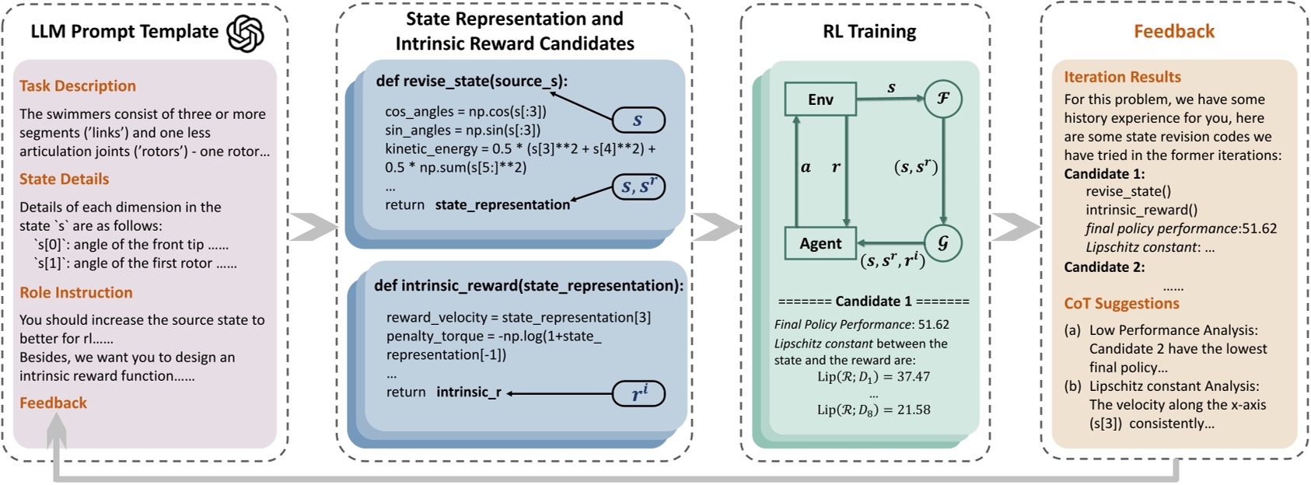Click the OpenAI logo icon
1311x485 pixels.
245,33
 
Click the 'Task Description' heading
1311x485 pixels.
78,86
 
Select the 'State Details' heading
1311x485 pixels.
65,180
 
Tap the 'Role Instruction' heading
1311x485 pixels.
76,293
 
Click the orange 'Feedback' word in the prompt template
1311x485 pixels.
53,403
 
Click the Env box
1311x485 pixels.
820,99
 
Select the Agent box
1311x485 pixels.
820,243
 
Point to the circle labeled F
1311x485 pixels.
942,99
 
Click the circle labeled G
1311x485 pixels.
942,242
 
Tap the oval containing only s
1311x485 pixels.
638,120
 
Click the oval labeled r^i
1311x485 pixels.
639,394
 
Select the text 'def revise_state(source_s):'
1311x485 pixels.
472,82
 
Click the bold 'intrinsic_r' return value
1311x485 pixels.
468,393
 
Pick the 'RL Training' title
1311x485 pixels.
869,32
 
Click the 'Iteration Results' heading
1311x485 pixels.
1122,77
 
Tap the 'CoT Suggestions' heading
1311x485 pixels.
1121,304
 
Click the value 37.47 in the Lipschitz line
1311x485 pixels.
913,377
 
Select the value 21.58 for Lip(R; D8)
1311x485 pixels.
913,410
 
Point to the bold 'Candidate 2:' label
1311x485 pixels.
1104,267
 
